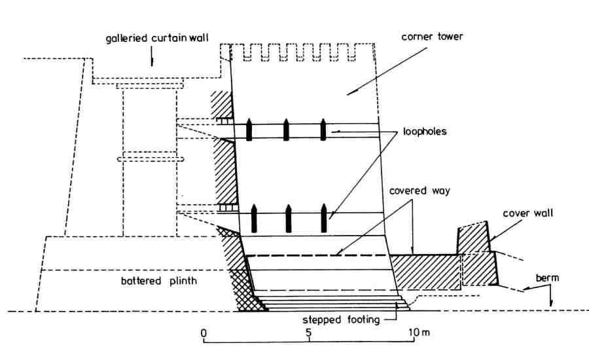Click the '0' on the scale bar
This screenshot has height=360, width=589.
point(204,333)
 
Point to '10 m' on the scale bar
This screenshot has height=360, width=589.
point(419,333)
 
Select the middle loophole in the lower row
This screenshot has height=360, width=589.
point(287,217)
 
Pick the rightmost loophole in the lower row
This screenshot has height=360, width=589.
point(323,217)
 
